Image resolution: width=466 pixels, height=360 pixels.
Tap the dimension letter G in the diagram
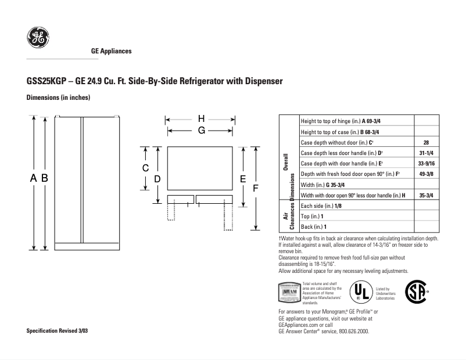pyautogui.click(x=200, y=131)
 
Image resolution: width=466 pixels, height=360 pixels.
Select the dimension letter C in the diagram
pyautogui.click(x=146, y=168)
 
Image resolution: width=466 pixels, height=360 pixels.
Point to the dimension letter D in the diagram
pyautogui.click(x=157, y=179)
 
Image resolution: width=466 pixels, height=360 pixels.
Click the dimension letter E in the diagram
pyautogui.click(x=243, y=179)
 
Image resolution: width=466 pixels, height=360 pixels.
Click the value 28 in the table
pyautogui.click(x=426, y=142)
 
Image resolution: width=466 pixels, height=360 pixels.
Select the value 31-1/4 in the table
pyautogui.click(x=426, y=153)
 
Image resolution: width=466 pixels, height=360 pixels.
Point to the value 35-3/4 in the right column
pyautogui.click(x=426, y=195)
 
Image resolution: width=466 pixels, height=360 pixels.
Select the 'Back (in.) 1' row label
pyautogui.click(x=313, y=226)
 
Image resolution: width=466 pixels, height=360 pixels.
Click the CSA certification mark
pyautogui.click(x=415, y=290)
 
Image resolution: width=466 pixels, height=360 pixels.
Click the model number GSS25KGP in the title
pyautogui.click(x=45, y=81)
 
